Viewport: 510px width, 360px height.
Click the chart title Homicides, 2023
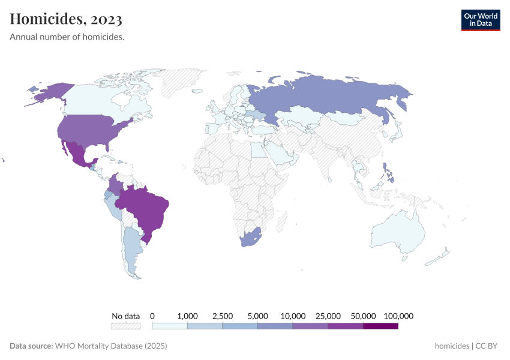coord(66,20)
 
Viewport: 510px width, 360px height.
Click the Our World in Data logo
coord(480,20)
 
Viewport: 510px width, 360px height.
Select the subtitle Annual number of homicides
coord(67,37)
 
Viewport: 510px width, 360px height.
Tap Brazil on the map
coord(144,207)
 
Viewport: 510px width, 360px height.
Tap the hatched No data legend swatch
coord(125,326)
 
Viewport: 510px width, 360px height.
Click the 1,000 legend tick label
coord(188,316)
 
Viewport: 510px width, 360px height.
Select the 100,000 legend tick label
coord(398,316)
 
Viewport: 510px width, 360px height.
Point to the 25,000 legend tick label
coord(328,316)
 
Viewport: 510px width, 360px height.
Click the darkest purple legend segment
coord(380,326)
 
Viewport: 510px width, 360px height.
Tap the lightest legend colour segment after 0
coord(170,326)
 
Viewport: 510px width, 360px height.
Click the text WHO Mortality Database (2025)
coord(111,346)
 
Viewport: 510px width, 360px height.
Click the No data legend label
coord(125,316)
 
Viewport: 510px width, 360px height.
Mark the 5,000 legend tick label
coord(258,316)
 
